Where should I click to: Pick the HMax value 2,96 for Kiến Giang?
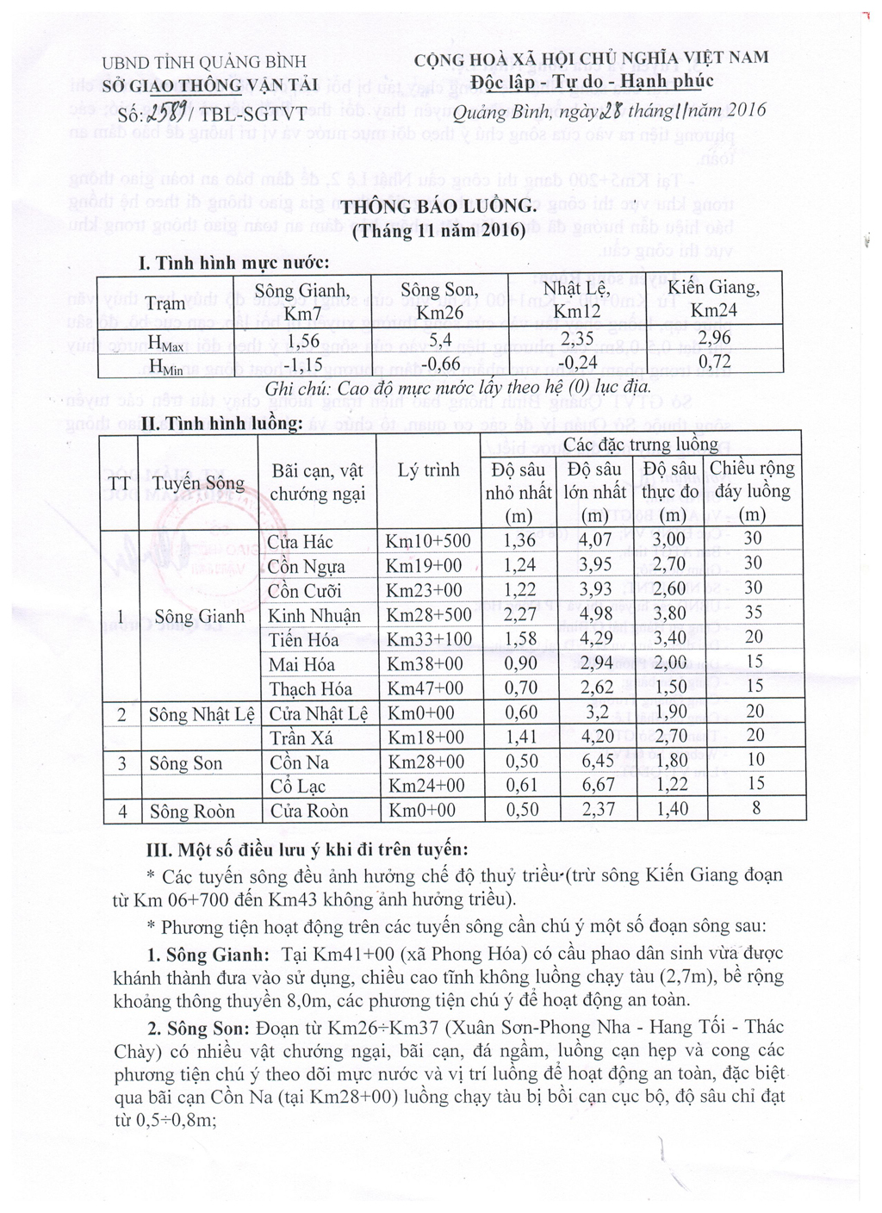(714, 339)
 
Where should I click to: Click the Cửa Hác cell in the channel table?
(301, 541)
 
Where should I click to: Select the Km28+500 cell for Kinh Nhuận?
(428, 615)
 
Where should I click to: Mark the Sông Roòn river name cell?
(191, 812)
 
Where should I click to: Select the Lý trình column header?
(428, 470)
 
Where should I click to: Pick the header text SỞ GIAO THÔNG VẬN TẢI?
(210, 84)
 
